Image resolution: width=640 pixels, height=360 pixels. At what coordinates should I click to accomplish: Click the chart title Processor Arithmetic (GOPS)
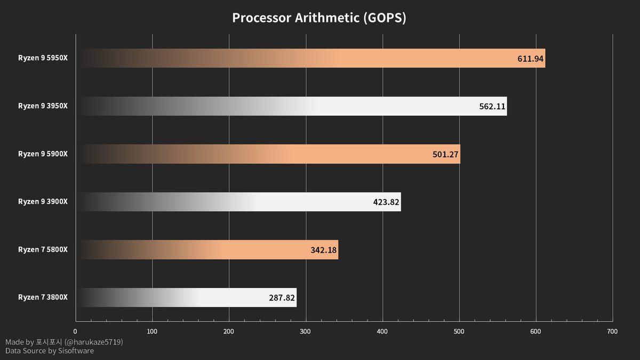319,18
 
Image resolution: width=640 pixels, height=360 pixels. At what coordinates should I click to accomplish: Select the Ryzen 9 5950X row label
43,58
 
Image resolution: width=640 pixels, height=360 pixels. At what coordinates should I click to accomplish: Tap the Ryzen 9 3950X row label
43,106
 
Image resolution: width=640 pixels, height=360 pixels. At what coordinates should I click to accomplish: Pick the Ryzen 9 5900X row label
43,154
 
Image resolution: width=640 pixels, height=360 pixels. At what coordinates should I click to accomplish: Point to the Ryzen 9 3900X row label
43,202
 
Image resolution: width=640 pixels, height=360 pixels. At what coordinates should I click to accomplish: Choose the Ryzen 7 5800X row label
43,250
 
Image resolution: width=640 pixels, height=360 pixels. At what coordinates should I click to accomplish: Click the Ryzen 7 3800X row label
43,297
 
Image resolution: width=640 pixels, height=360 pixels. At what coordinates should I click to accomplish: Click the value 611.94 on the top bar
530,59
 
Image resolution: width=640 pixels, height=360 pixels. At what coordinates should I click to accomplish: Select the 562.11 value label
492,106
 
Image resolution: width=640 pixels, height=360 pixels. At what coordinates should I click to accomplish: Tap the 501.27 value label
445,154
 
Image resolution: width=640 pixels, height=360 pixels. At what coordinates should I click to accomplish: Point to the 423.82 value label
386,202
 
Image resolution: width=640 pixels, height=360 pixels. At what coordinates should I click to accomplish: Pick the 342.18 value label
323,250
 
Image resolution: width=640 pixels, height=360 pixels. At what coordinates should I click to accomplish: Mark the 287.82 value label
282,298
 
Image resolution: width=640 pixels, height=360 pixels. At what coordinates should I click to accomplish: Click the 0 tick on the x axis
75,332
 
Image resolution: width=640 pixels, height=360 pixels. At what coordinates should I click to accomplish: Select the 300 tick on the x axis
306,332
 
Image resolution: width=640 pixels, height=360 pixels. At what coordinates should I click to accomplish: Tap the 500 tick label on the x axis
459,332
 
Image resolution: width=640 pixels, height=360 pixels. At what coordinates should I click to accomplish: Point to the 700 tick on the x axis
612,332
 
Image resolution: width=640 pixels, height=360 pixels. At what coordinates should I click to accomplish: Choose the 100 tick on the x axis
152,332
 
